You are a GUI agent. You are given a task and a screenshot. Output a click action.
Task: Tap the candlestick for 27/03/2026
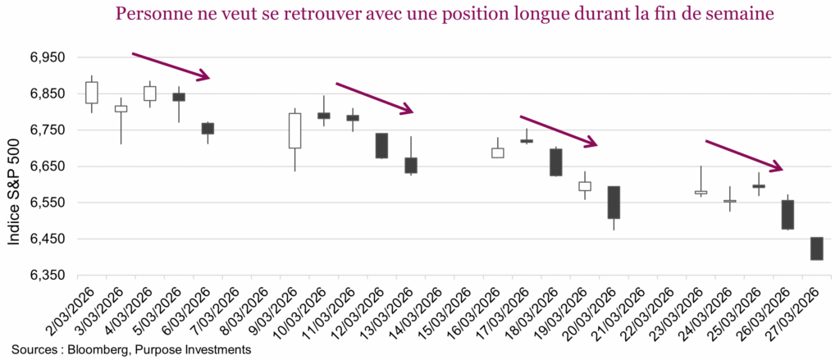pos(816,248)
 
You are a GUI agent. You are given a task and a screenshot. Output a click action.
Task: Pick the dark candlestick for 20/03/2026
pos(614,203)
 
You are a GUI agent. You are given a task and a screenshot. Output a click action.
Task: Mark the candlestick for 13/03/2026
pos(411,165)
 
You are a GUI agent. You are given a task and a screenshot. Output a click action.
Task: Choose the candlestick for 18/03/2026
pos(555,162)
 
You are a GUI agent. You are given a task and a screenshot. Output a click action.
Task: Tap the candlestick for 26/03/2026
pos(787,214)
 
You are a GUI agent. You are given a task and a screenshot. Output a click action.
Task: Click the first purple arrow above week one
pos(171,66)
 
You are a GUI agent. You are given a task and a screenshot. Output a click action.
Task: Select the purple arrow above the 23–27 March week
pos(744,156)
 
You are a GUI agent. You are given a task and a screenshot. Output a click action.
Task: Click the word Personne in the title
pos(147,15)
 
